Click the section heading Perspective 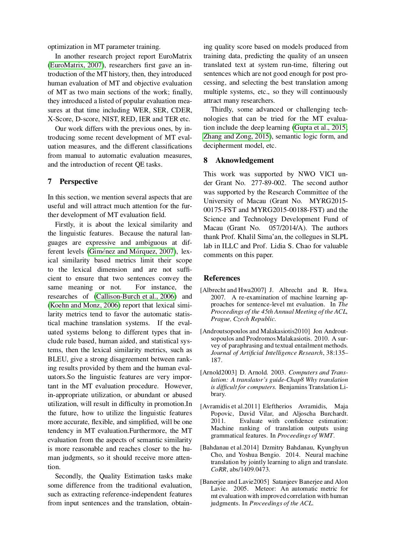pos(78,182)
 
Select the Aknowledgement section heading pos(244,160)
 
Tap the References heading pos(222,278)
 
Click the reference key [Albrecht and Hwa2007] pos(233,290)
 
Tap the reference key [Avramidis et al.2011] pos(230,406)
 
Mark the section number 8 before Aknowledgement pos(205,160)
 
